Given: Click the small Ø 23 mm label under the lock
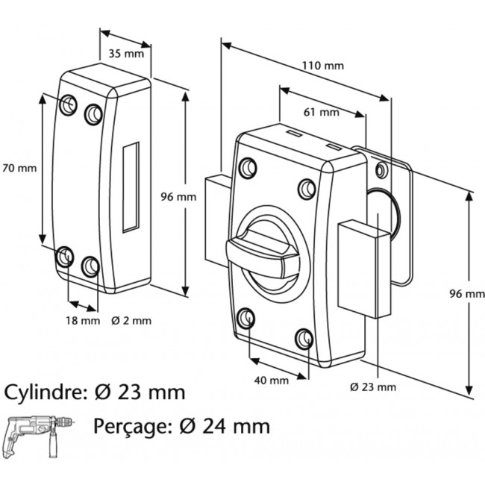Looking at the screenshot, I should [372, 387].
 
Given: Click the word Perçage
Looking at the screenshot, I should [132, 426].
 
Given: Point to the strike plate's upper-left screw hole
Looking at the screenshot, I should [70, 103].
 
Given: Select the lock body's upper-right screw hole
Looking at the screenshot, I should [306, 187].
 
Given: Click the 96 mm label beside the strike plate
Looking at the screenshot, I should [179, 197].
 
